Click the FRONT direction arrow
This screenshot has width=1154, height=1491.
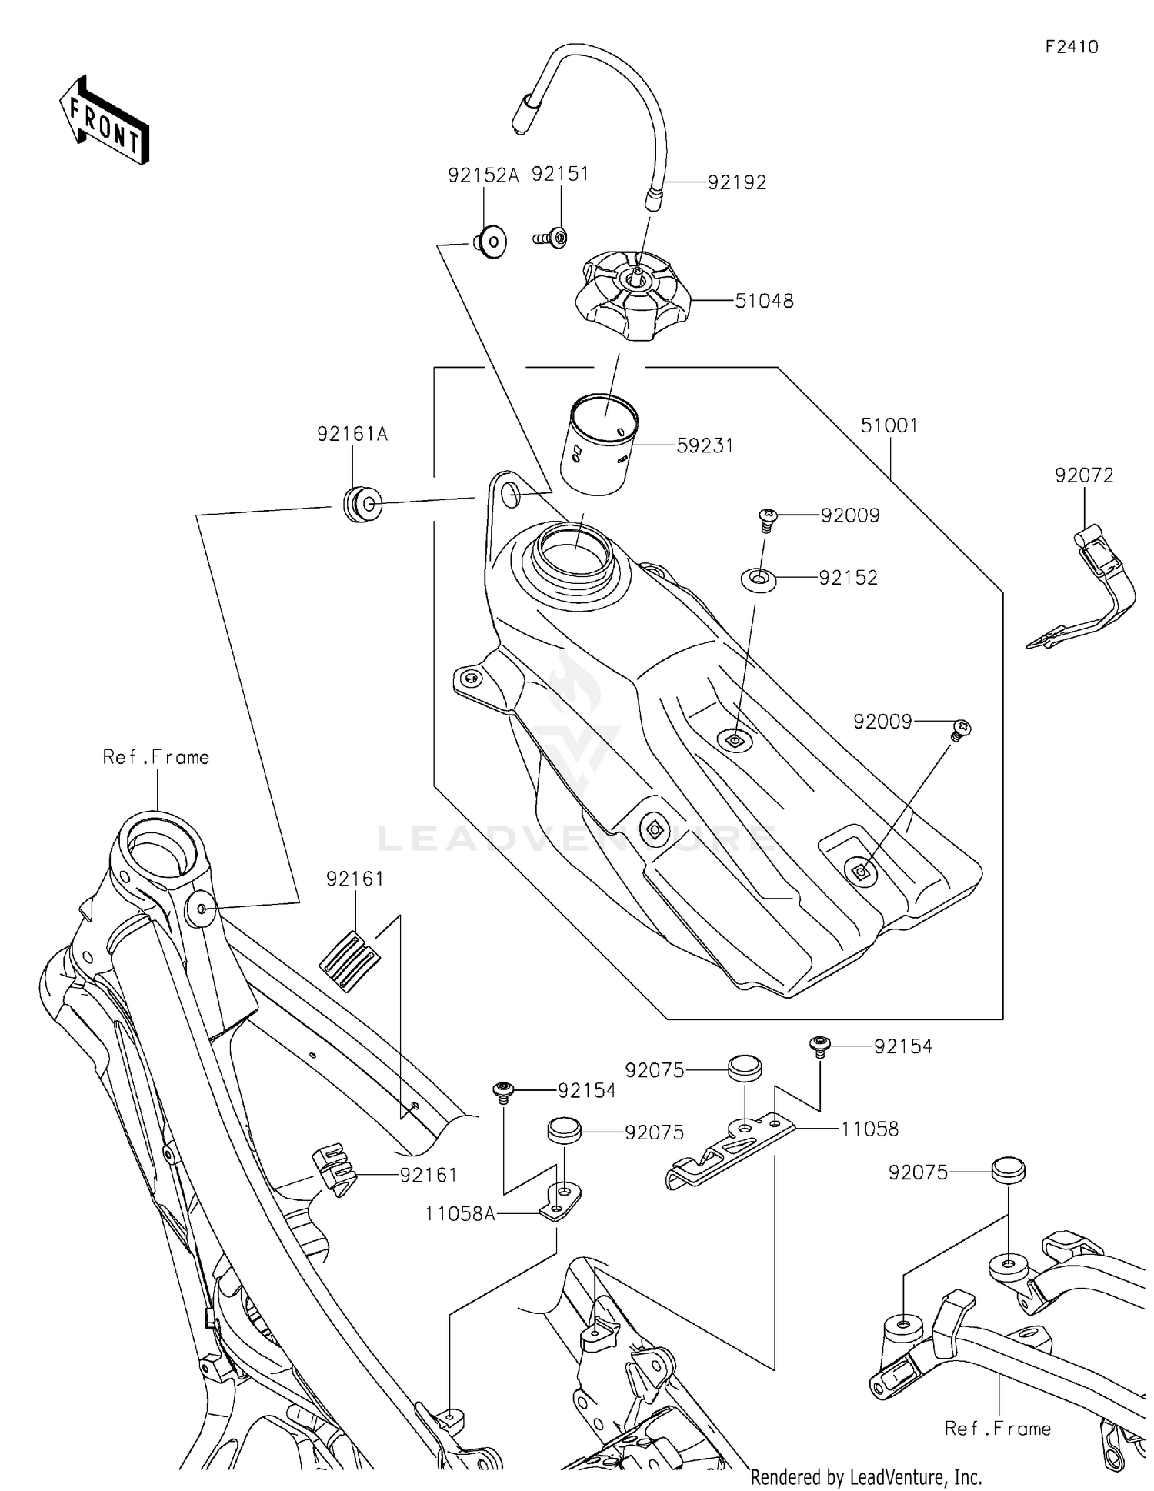(104, 120)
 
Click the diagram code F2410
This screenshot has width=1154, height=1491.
(1071, 47)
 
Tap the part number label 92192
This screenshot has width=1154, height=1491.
(736, 182)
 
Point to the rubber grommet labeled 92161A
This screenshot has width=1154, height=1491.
(362, 504)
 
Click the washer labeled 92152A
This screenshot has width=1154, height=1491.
(490, 242)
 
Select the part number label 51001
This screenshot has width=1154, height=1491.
(889, 425)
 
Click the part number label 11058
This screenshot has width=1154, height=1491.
(869, 1129)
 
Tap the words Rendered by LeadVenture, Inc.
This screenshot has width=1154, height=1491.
(865, 1476)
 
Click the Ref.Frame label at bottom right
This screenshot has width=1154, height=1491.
(997, 1429)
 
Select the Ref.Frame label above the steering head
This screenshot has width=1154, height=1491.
(155, 758)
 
